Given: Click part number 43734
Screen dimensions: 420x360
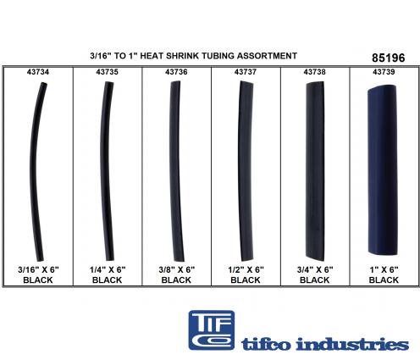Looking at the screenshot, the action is tap(38, 72).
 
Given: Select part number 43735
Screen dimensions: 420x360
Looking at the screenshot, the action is tap(107, 72).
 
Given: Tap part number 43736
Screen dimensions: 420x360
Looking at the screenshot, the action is tap(176, 72).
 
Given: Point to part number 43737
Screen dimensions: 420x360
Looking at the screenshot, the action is tap(246, 72).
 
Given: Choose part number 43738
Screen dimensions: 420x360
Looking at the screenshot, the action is tap(314, 72).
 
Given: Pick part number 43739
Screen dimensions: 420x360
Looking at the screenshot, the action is tap(384, 72).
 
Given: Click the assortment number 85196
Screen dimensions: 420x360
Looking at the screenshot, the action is tap(389, 58).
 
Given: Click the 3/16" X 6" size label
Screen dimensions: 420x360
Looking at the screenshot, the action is tap(38, 269).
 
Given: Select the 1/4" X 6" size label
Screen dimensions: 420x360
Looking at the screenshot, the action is tap(108, 269).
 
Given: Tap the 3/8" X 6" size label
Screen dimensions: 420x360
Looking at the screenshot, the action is tap(176, 269).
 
